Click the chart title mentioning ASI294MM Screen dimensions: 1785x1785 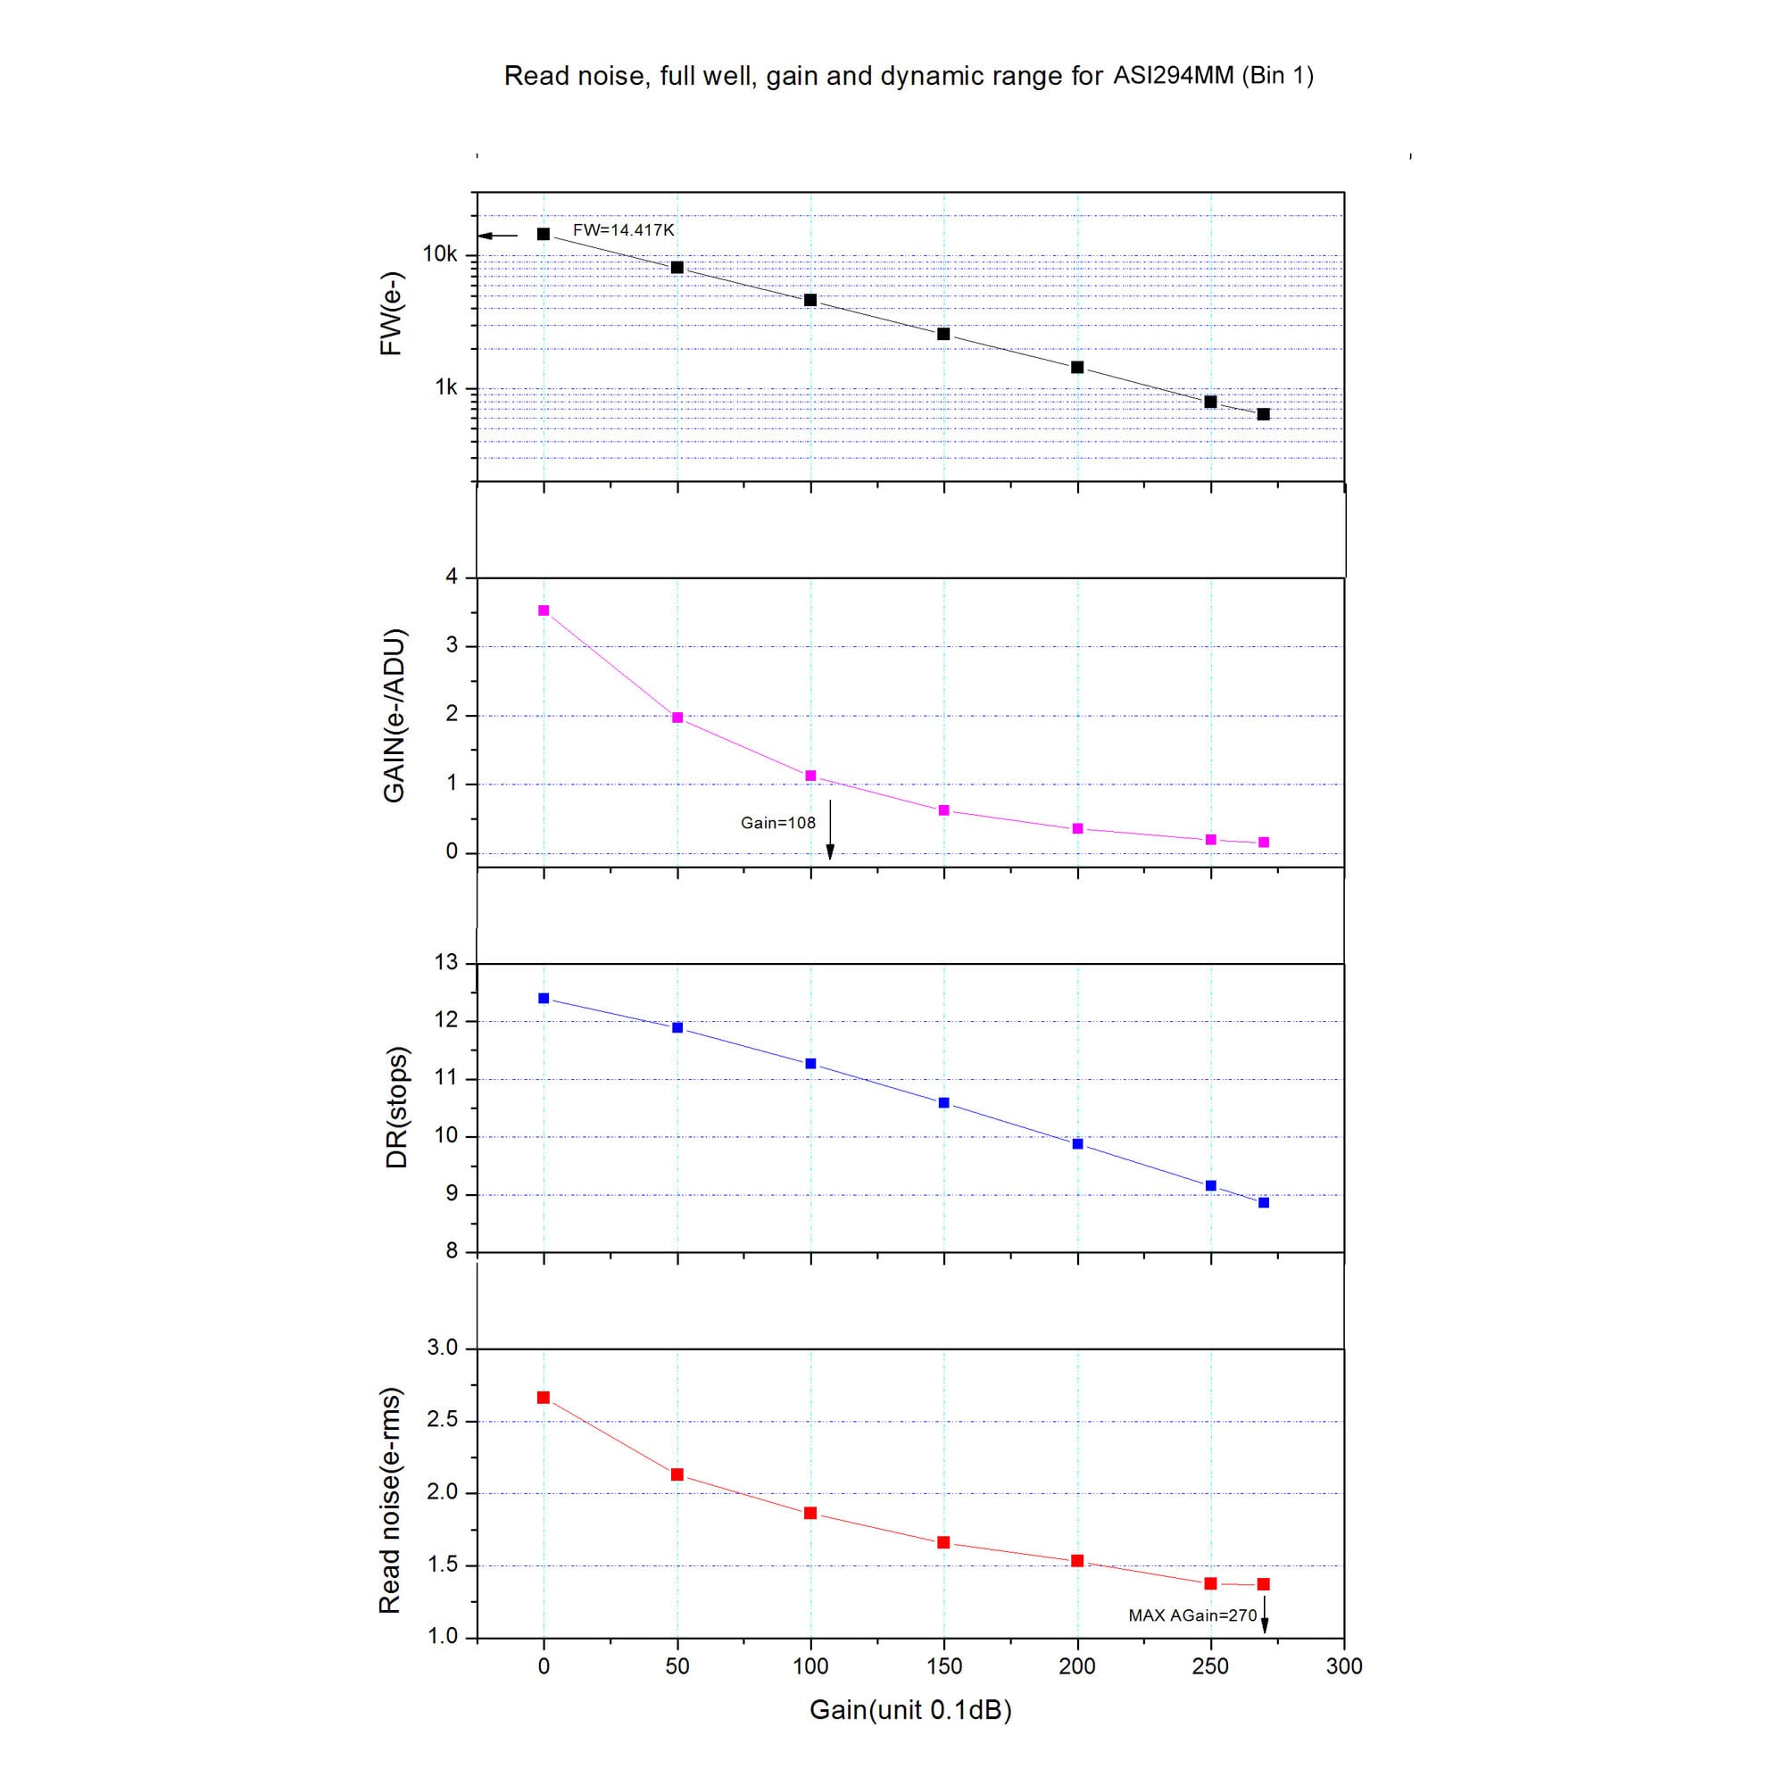(909, 76)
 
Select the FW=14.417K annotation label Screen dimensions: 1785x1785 (624, 230)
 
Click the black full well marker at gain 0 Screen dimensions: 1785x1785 (544, 235)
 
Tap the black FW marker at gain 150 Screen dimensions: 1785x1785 (943, 334)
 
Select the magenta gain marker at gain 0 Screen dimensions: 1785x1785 (544, 610)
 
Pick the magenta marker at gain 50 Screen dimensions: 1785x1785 (677, 718)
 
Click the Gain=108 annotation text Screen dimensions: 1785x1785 (778, 823)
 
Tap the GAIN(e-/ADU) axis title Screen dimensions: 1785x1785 (394, 716)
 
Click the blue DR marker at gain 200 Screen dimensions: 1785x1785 (1077, 1144)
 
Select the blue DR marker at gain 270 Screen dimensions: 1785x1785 (1264, 1203)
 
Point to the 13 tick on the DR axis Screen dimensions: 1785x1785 (446, 963)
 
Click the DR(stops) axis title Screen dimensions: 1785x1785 (396, 1108)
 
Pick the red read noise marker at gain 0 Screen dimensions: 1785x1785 (544, 1398)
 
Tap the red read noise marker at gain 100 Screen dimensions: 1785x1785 (810, 1514)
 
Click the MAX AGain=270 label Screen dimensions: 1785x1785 (1191, 1616)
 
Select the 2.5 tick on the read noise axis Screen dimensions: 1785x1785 (443, 1420)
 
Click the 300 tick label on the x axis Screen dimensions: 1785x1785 (1343, 1666)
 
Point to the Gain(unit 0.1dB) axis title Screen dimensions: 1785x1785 (910, 1710)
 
